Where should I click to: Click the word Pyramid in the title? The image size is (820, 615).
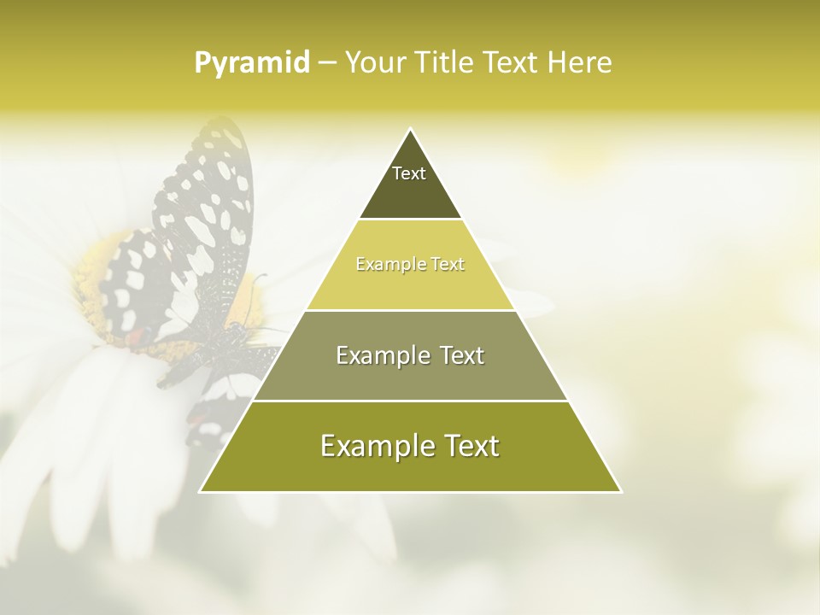coord(252,63)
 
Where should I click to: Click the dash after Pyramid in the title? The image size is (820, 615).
coord(327,63)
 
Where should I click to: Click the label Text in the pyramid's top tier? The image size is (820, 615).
coord(409,173)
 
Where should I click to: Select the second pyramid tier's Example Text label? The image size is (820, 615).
coord(410,265)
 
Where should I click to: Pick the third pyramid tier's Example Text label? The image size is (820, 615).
coord(410,355)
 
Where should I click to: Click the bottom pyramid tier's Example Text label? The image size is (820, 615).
coord(410,446)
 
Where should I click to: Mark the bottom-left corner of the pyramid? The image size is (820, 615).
coord(201,491)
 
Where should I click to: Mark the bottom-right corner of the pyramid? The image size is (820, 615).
coord(621,491)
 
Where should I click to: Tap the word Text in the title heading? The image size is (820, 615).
coord(513,63)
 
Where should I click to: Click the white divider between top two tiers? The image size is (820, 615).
coord(411,220)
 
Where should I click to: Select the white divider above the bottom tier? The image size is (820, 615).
coord(411,401)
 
